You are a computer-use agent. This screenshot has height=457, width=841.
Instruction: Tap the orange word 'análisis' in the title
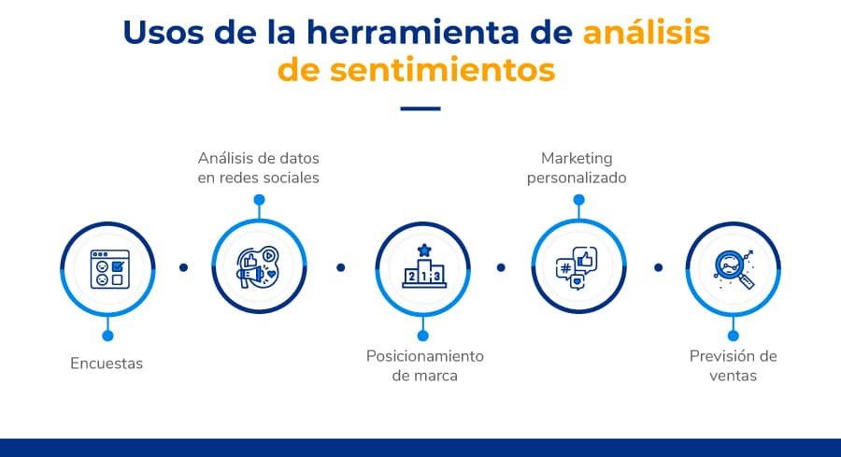point(647,32)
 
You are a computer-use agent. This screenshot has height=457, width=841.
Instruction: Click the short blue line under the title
point(420,108)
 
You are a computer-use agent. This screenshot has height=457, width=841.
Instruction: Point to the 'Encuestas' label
point(107,364)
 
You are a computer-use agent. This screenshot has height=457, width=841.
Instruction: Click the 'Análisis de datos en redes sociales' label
point(259,167)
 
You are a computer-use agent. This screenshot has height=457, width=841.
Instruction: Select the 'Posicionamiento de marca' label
point(425,365)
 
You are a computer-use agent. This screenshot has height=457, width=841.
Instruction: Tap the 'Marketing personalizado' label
point(577,167)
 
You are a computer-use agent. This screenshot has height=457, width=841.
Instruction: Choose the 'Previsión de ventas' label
point(733,365)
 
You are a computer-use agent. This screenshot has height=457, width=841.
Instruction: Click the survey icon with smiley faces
point(107,268)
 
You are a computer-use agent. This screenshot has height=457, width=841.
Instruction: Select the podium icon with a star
point(423,268)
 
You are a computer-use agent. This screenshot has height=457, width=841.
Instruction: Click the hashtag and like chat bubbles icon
point(577,268)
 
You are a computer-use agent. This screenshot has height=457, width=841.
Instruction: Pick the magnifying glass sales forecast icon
point(733,268)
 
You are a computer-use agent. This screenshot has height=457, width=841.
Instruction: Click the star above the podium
point(424,250)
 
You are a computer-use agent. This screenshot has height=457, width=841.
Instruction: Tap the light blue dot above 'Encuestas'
point(107,335)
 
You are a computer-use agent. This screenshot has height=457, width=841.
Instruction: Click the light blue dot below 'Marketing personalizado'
point(578,200)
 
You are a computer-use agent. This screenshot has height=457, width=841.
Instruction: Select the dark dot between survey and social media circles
point(183,267)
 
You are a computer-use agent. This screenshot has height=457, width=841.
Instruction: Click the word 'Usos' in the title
point(162,32)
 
